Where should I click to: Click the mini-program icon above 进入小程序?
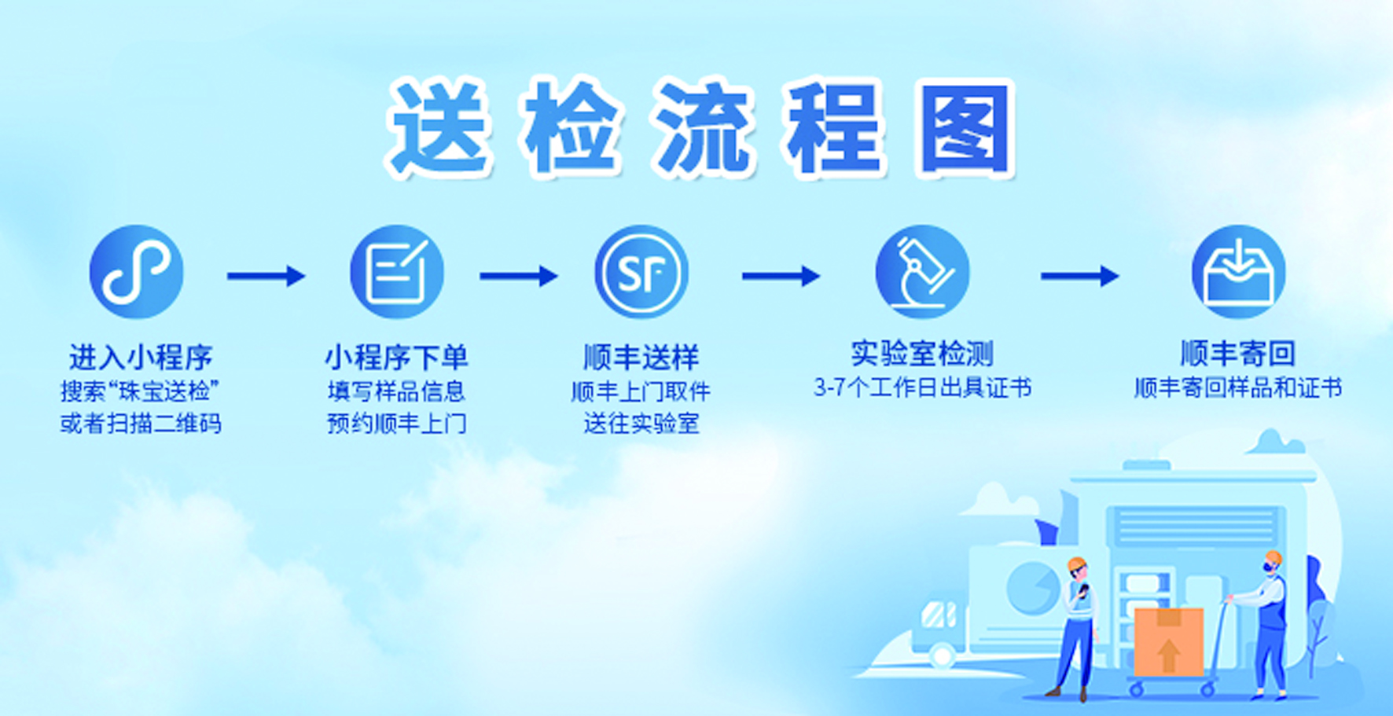[136, 272]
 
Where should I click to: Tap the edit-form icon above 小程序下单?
[396, 272]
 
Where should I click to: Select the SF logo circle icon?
[641, 272]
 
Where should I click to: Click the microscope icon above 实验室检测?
[923, 272]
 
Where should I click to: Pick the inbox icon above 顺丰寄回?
[1238, 272]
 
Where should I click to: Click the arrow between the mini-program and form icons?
[266, 276]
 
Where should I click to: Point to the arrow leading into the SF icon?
[519, 276]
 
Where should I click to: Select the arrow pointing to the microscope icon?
[781, 276]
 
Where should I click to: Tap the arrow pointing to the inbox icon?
[1080, 276]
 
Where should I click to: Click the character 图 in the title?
[965, 128]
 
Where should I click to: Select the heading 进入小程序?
[141, 358]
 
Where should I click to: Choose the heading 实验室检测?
[922, 354]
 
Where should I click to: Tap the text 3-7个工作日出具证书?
[922, 388]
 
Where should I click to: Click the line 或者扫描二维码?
[141, 424]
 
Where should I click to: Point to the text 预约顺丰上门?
[397, 424]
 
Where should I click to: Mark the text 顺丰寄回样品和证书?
[1238, 388]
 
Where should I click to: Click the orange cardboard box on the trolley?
[1168, 641]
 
